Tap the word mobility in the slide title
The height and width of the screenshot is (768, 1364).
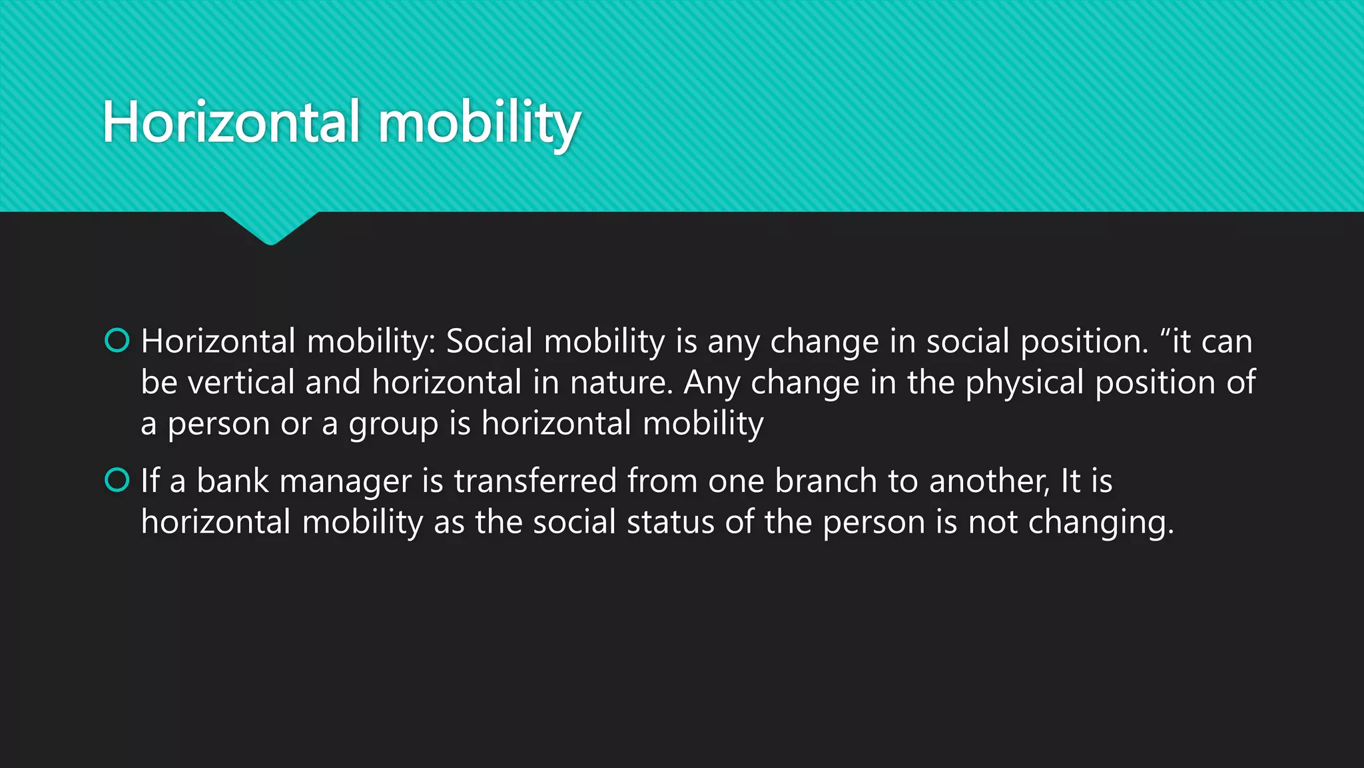point(480,124)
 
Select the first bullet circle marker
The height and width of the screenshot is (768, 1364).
point(117,341)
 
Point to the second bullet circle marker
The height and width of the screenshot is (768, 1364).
point(117,480)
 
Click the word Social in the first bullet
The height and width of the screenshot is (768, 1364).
point(490,341)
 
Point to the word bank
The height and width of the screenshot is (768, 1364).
point(232,481)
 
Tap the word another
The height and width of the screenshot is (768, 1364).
point(988,481)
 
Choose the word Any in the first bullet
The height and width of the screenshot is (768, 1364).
point(712,383)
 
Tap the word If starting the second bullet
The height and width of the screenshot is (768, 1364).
point(150,481)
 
